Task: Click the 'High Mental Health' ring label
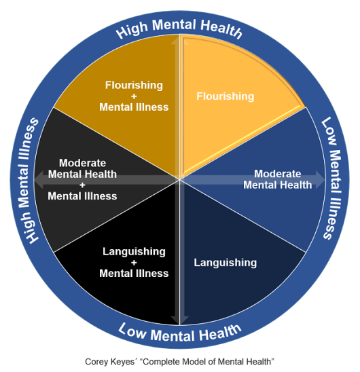[x=179, y=29]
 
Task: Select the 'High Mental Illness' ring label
[x=31, y=181]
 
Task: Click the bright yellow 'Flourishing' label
[x=225, y=96]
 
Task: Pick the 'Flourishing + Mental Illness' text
[x=134, y=96]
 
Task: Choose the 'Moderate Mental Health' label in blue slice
[x=277, y=179]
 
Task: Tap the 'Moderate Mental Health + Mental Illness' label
[x=82, y=179]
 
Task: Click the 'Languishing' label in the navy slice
[x=225, y=262]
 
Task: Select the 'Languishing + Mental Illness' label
[x=134, y=262]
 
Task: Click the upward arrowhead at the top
[x=179, y=41]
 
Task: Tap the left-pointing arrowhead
[x=39, y=180]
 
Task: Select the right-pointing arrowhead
[x=321, y=180]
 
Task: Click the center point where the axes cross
[x=179, y=180]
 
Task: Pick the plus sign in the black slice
[x=134, y=262]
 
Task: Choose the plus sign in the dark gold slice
[x=134, y=96]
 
